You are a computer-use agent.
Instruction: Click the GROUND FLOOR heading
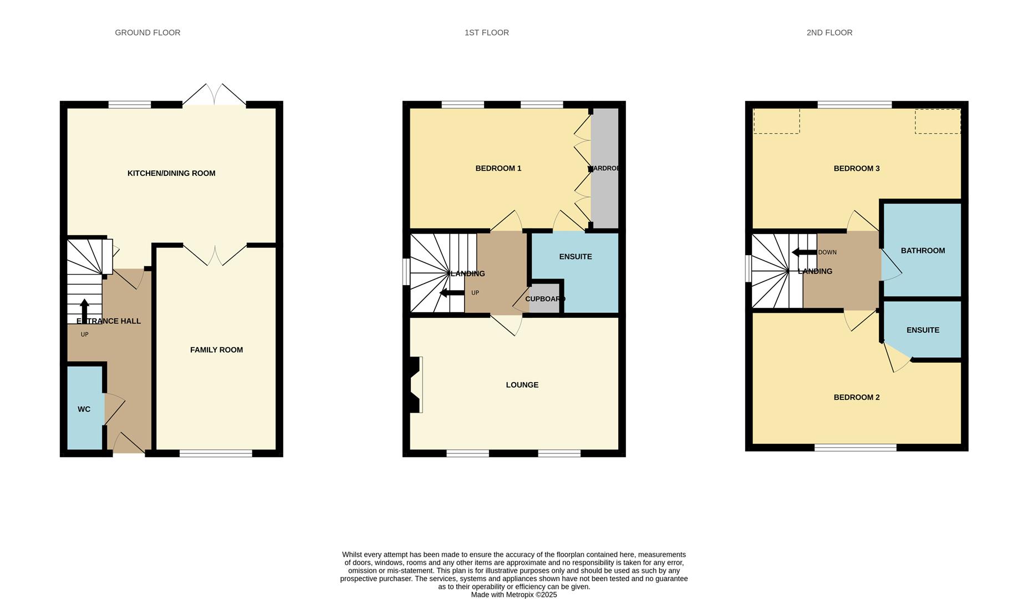[x=147, y=33]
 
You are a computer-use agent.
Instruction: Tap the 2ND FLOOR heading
[x=829, y=33]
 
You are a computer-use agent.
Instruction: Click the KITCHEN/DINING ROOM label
[x=171, y=173]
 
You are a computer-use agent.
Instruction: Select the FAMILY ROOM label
[x=216, y=350]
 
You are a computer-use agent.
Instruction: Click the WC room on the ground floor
[x=84, y=409]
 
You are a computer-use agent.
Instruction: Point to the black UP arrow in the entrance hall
[x=84, y=309]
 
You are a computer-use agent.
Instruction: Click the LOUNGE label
[x=522, y=385]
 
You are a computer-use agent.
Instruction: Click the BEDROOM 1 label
[x=498, y=169]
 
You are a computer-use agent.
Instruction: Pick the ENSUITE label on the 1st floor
[x=575, y=257]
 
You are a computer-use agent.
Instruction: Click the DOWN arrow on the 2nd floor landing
[x=802, y=252]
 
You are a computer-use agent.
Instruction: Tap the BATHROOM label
[x=923, y=251]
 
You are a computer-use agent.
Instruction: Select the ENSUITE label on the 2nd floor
[x=923, y=330]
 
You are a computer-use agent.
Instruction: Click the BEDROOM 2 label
[x=856, y=398]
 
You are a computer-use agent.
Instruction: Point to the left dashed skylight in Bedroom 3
[x=776, y=121]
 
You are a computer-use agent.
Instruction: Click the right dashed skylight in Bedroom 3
[x=937, y=121]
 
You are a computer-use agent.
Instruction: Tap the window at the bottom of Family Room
[x=216, y=453]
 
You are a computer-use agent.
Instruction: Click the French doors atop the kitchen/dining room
[x=214, y=95]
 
